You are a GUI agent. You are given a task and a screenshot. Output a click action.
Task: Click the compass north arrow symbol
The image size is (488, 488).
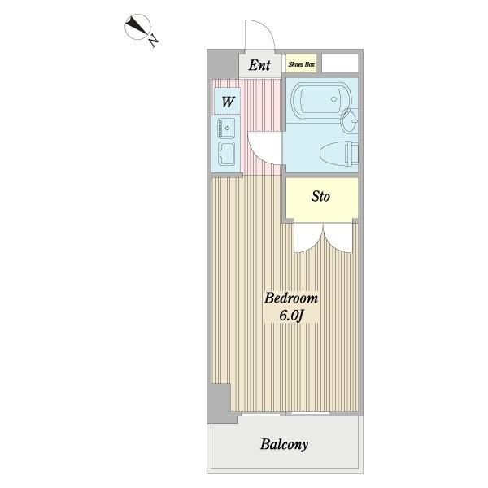138,29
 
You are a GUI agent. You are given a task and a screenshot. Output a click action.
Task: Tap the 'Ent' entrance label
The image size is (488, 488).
259,65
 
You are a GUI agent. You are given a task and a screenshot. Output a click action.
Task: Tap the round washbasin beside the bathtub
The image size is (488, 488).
350,123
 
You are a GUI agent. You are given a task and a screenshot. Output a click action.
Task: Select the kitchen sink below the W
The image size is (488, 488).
225,128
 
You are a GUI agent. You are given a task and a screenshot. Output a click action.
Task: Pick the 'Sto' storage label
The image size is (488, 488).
321,197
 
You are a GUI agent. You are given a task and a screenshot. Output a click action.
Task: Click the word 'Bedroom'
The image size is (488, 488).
290,298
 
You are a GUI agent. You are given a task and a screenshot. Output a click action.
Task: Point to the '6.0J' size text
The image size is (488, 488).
290,316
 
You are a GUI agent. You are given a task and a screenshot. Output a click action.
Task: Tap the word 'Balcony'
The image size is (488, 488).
284,445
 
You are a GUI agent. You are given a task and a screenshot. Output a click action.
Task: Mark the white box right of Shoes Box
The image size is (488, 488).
340,63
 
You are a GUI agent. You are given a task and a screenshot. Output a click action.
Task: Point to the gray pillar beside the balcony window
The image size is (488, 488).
218,402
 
